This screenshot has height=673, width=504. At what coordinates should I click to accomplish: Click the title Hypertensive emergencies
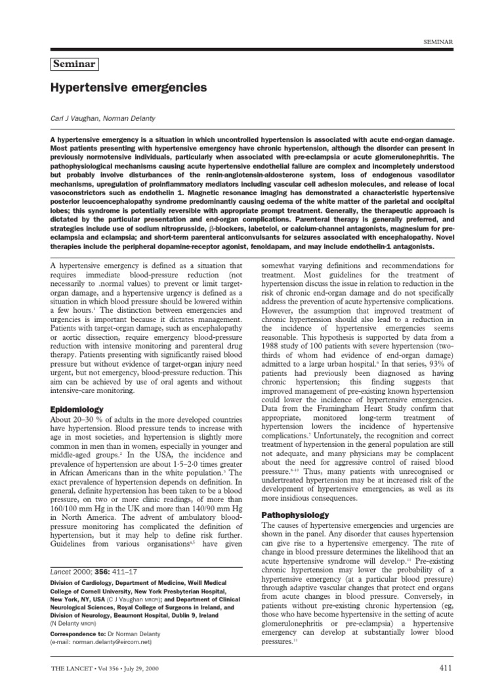[129, 87]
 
